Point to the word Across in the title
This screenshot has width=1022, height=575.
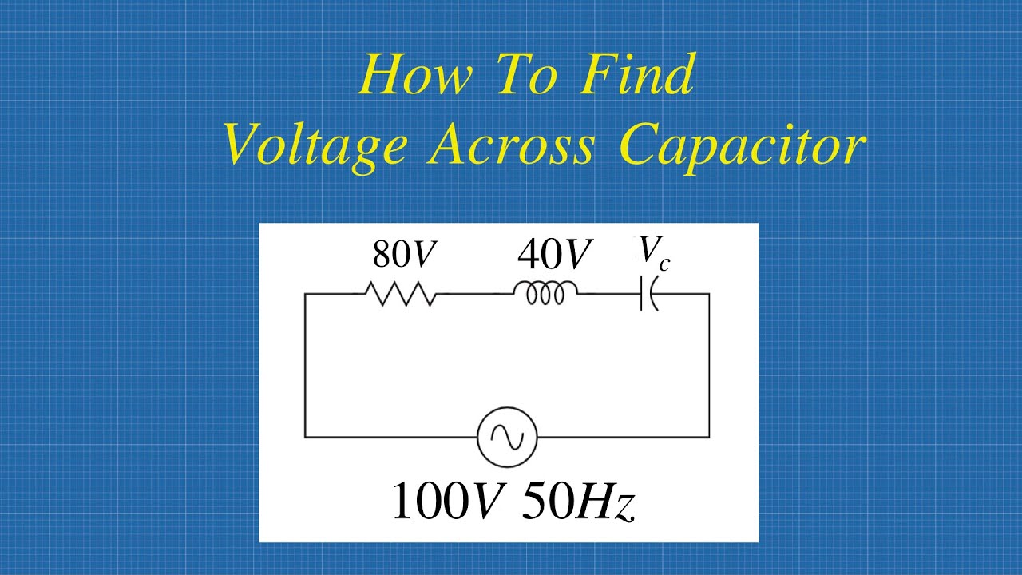click(x=511, y=146)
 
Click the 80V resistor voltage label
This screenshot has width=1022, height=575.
click(x=405, y=255)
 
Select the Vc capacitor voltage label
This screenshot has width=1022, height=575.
click(x=653, y=253)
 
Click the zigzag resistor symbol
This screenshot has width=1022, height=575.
click(x=401, y=295)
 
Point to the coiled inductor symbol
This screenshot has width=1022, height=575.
click(x=549, y=294)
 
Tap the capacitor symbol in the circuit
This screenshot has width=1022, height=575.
click(x=649, y=295)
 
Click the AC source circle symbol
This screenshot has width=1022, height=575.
click(x=507, y=437)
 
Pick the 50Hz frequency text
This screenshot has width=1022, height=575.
click(x=578, y=502)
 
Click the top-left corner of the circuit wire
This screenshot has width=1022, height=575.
click(x=305, y=295)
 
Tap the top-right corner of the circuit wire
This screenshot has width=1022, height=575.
click(x=709, y=295)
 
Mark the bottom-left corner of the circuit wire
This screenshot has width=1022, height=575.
click(x=305, y=437)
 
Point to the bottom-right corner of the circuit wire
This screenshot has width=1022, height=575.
click(x=709, y=437)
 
